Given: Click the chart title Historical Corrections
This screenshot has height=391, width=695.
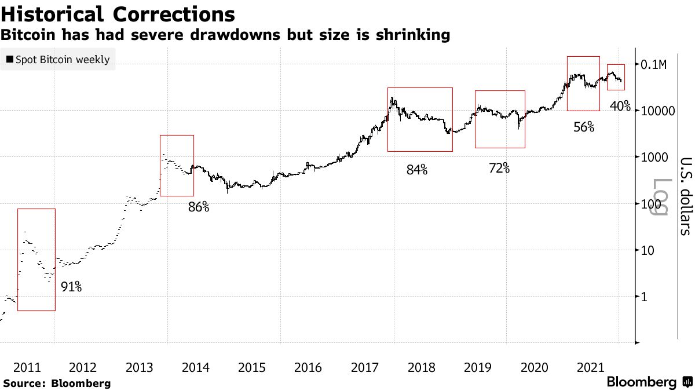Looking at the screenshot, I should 118,14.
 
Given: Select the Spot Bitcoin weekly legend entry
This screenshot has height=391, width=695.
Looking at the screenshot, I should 58,59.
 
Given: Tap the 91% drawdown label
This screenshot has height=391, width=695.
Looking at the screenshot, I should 71,286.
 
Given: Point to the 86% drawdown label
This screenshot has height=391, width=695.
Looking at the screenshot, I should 198,207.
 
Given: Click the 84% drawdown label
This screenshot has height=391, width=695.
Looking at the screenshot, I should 416,170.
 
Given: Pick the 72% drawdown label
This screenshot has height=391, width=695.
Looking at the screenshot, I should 499,168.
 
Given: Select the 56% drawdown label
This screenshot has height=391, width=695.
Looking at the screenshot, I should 583,127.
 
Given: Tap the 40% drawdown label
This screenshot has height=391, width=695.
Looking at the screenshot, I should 620,106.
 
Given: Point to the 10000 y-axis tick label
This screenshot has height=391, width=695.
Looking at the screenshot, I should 659,111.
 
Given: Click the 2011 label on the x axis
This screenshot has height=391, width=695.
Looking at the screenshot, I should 27,367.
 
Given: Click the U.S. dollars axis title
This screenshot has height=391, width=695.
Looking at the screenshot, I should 685,196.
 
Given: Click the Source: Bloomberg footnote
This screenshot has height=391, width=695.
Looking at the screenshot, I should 57,383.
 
